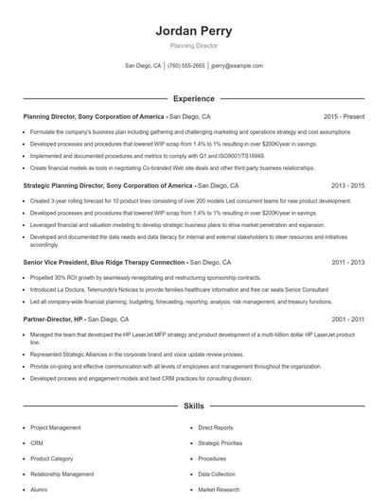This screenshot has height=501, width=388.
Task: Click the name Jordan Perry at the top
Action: click(x=193, y=30)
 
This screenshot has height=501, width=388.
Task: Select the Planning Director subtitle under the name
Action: click(x=193, y=45)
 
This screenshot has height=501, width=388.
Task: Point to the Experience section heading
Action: click(x=193, y=98)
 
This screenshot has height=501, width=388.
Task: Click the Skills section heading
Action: click(x=193, y=406)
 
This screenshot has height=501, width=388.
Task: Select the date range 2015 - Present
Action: click(x=344, y=116)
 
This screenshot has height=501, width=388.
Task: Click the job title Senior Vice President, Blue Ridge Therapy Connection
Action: click(x=104, y=261)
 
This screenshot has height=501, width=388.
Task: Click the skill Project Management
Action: click(x=56, y=427)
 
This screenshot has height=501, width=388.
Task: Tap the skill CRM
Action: click(x=37, y=442)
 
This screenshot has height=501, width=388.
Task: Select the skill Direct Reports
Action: click(x=216, y=427)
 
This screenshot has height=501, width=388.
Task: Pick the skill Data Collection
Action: click(x=217, y=474)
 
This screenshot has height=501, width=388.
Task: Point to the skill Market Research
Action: click(x=219, y=490)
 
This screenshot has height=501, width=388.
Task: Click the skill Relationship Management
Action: click(x=62, y=474)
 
